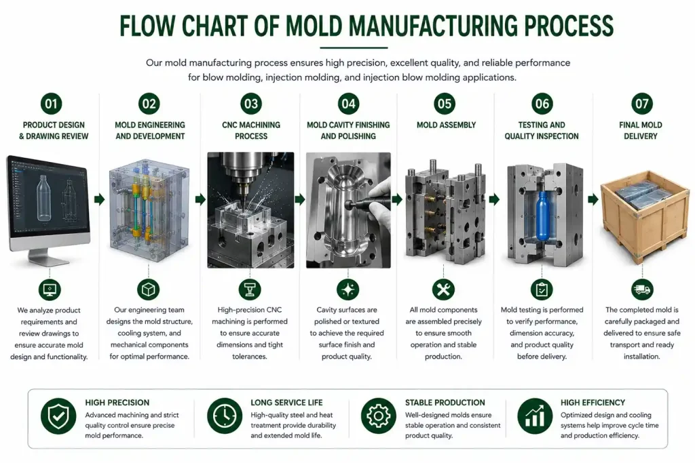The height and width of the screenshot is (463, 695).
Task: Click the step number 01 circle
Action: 51,104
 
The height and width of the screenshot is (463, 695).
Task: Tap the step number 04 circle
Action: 348,104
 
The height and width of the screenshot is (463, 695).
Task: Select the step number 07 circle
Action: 642,104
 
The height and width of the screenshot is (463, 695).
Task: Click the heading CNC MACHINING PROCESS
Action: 251,131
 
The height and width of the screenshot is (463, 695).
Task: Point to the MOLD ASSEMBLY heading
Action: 446,125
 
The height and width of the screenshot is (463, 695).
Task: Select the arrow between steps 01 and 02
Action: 100,199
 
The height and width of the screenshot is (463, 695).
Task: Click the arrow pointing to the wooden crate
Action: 593,199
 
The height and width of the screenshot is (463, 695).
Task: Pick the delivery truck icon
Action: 642,290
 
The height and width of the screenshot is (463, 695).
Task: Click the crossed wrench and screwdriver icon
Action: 443,290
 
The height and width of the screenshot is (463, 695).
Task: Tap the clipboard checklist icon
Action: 542,290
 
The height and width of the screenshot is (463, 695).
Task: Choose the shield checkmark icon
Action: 58,416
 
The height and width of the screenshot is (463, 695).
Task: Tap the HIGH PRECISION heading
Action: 117,403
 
